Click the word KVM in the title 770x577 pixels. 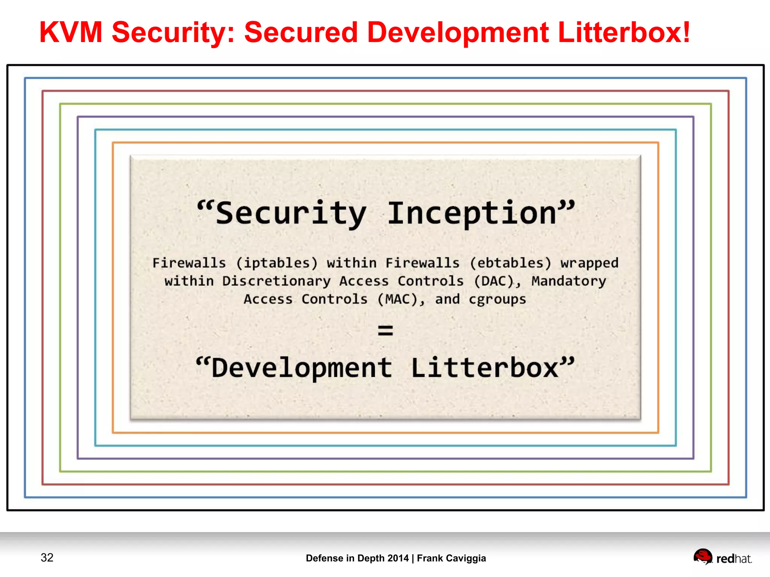point(71,32)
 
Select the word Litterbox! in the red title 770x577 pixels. point(624,32)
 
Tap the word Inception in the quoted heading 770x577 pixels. point(472,213)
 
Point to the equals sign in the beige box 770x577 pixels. point(385,331)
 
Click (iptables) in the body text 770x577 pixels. point(277,263)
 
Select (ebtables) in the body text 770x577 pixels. point(510,263)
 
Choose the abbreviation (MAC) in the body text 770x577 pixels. point(400,299)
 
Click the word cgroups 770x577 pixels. point(497,300)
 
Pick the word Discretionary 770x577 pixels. point(276,281)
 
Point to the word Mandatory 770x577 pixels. point(569,281)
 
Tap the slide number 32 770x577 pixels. point(47,557)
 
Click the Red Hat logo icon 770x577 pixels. point(703,556)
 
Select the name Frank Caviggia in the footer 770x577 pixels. point(451,558)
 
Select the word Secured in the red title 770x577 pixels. point(301,32)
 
